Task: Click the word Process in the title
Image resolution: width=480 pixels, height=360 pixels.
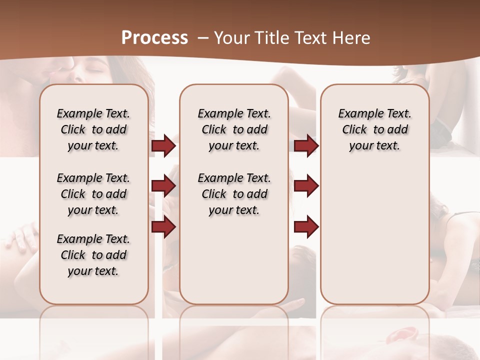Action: [x=154, y=38]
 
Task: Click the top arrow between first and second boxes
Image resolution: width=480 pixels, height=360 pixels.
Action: [x=163, y=146]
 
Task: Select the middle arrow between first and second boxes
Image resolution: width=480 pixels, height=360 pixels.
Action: [x=163, y=186]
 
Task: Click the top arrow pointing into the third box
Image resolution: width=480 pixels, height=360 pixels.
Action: [x=306, y=146]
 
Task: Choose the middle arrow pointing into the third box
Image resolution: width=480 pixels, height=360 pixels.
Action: [x=306, y=186]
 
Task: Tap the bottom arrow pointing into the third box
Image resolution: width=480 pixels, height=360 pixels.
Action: [x=306, y=227]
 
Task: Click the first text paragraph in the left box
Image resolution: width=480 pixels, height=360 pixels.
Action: [x=93, y=129]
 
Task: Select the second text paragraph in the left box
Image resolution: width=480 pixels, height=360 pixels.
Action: [x=93, y=194]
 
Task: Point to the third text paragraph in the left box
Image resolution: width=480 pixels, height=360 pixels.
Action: [x=93, y=255]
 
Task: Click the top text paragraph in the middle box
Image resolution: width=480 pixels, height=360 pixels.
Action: [x=234, y=129]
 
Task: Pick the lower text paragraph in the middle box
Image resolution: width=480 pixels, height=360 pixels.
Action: [x=234, y=194]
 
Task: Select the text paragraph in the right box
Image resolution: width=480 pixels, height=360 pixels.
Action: [x=374, y=129]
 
